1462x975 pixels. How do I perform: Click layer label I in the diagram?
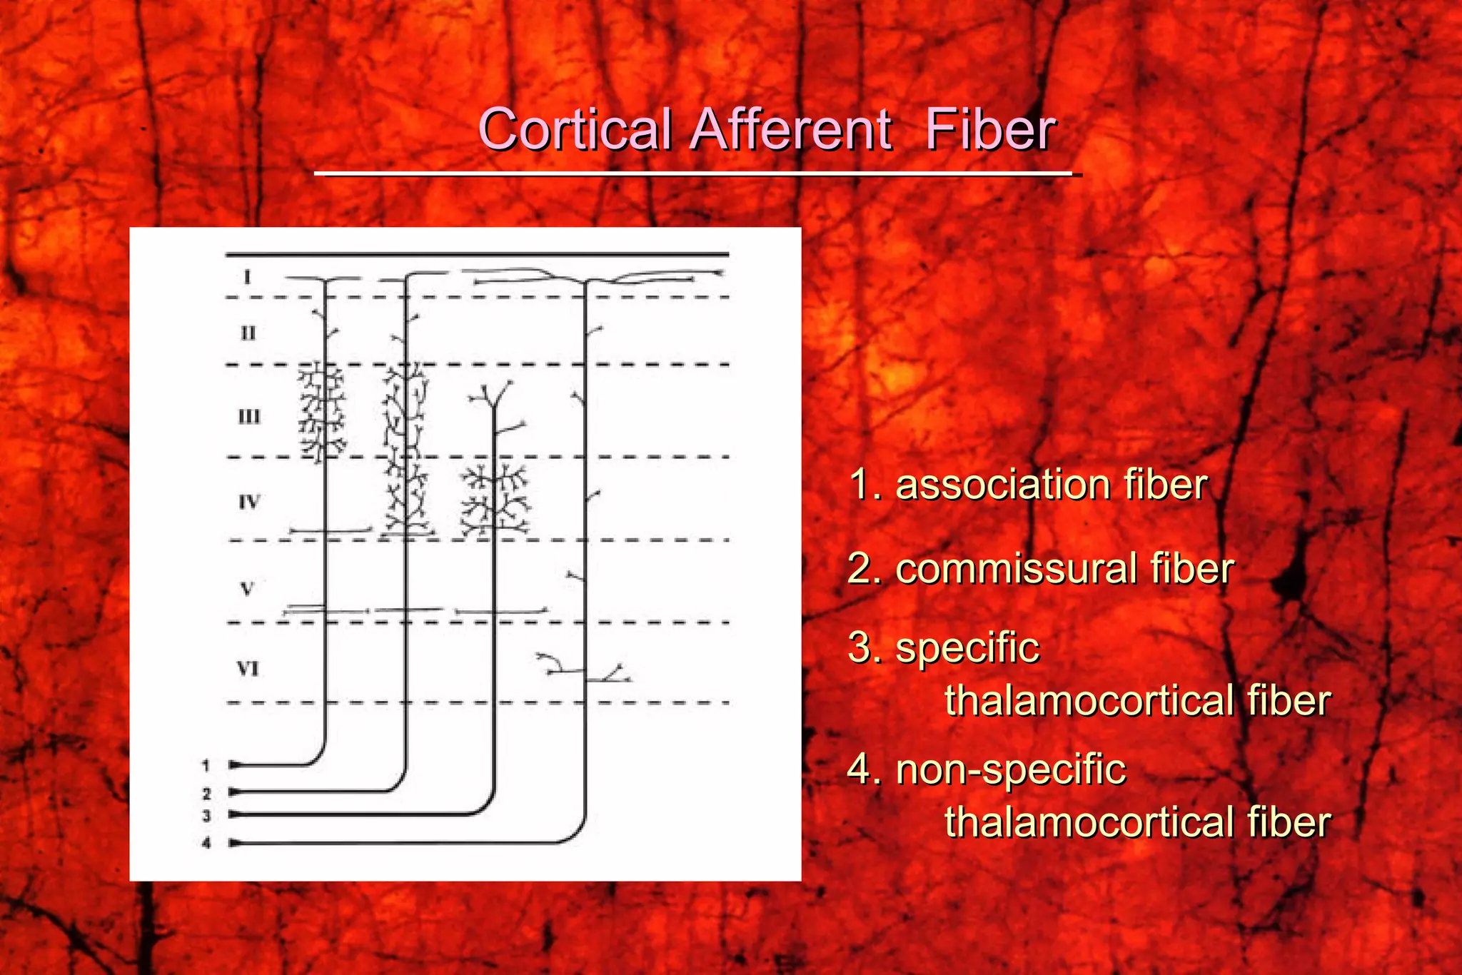click(247, 276)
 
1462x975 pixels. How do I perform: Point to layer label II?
click(248, 333)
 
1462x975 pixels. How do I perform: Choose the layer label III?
click(249, 416)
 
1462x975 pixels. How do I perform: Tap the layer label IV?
click(249, 502)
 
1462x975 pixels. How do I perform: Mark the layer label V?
click(247, 589)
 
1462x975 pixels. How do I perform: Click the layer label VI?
click(248, 669)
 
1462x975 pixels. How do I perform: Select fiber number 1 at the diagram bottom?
click(206, 766)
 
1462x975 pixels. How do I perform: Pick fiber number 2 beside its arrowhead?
click(206, 793)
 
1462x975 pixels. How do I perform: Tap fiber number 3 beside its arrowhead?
click(206, 815)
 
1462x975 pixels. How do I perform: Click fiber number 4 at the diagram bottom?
click(206, 843)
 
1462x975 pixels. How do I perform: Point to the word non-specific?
click(1010, 769)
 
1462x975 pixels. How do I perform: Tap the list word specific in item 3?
click(967, 648)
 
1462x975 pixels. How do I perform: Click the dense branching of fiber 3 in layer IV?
click(495, 500)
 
